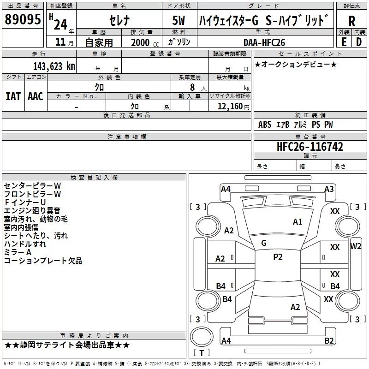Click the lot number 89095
pyautogui.click(x=23, y=19)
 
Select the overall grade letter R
pyautogui.click(x=351, y=21)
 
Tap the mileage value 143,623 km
pyautogui.click(x=54, y=66)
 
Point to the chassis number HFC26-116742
pyautogui.click(x=310, y=147)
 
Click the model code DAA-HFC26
pyautogui.click(x=264, y=42)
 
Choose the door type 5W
pyautogui.click(x=179, y=20)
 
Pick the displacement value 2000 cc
pyautogui.click(x=145, y=42)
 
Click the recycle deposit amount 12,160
pyautogui.click(x=230, y=106)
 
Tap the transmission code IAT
pyautogui.click(x=13, y=96)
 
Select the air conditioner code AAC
pyautogui.click(x=36, y=96)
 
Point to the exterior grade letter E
pyautogui.click(x=344, y=42)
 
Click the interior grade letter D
pyautogui.click(x=359, y=42)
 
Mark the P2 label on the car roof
pyautogui.click(x=278, y=257)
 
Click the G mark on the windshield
pyautogui.click(x=264, y=243)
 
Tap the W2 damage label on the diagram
pyautogui.click(x=356, y=246)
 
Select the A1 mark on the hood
pyautogui.click(x=298, y=222)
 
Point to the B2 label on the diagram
pyautogui.click(x=329, y=340)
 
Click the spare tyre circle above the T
pyautogui.click(x=202, y=337)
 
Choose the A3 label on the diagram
pyautogui.click(x=329, y=189)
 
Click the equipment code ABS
pyautogui.click(x=265, y=125)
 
